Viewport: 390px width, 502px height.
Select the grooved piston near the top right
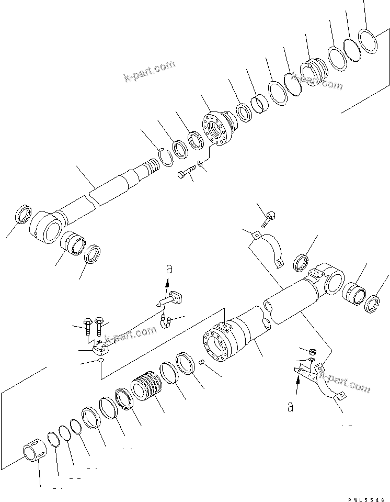point(314,73)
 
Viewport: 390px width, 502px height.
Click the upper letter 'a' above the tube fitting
point(168,269)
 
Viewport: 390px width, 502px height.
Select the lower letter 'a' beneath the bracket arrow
point(290,406)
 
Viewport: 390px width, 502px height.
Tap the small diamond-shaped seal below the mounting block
point(101,361)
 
